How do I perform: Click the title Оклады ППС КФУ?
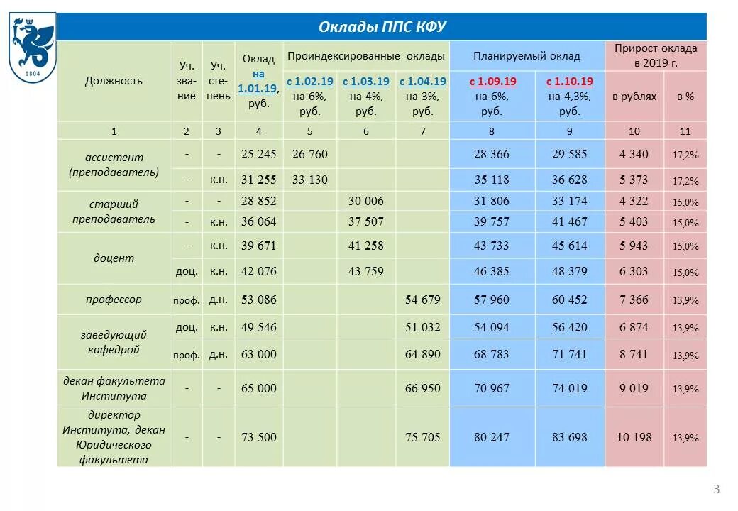pos(382,28)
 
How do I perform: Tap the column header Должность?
pos(114,80)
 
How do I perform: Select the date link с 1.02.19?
pos(309,82)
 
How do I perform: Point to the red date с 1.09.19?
pos(491,82)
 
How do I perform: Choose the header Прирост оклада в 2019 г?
pos(656,55)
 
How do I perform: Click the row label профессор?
pos(114,299)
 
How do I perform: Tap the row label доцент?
pos(114,258)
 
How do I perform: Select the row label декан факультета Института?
pos(114,388)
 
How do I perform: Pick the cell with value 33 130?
pos(309,180)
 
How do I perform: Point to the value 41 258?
pos(365,246)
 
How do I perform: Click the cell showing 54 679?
pos(422,300)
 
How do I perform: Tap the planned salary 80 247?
pos(491,437)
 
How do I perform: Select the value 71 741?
pos(570,354)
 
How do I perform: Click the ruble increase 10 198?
pos(634,437)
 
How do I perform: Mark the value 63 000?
pos(259,354)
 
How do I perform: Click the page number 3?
pos(716,488)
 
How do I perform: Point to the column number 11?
pos(685,131)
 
